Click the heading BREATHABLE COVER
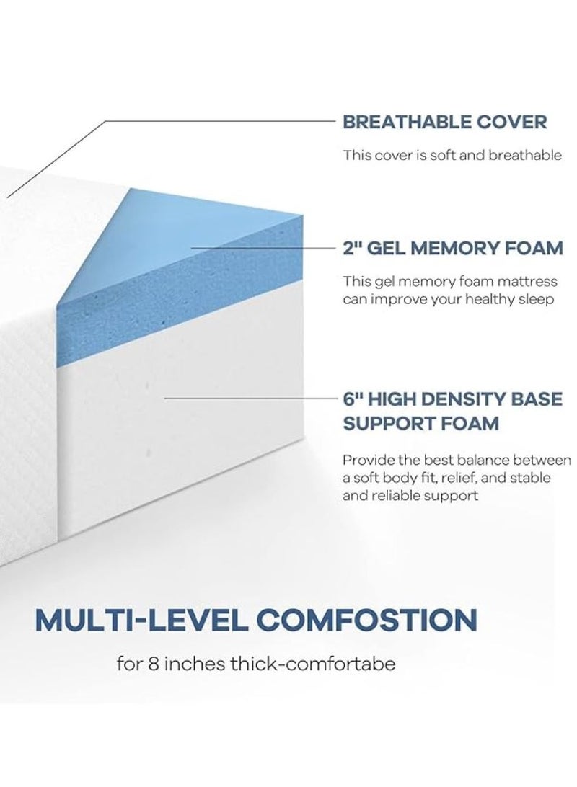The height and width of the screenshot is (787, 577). (444, 121)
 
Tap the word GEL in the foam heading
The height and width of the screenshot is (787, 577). (392, 249)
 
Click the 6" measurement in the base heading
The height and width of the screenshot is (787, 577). (353, 399)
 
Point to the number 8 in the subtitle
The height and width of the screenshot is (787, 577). (162, 663)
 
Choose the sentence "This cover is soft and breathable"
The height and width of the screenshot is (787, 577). (441, 154)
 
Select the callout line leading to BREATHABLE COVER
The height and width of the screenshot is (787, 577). (216, 121)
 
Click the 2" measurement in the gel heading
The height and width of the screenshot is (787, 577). (352, 249)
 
